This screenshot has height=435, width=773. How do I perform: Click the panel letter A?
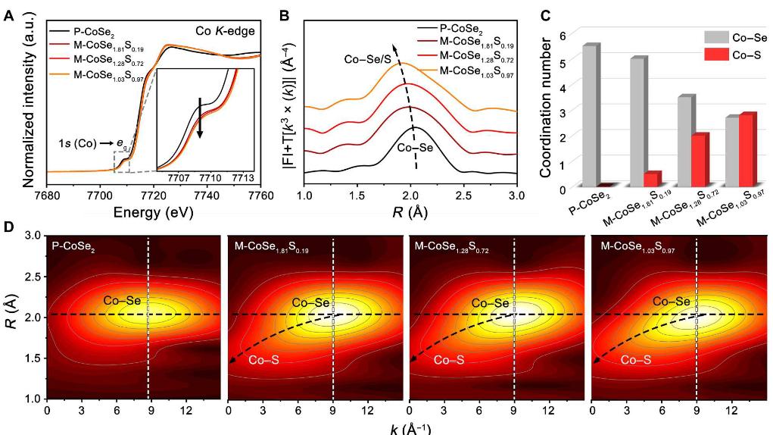(x=8, y=13)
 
